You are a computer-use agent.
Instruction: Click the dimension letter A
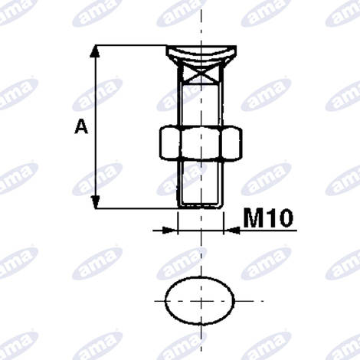pyautogui.click(x=81, y=127)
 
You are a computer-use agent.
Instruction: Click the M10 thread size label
pyautogui.click(x=268, y=218)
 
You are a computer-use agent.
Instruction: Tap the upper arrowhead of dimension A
pyautogui.click(x=96, y=51)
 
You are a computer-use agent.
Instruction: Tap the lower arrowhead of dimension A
pyautogui.click(x=96, y=202)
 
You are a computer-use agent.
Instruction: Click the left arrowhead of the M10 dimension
pyautogui.click(x=170, y=231)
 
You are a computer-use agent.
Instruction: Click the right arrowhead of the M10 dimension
pyautogui.click(x=231, y=231)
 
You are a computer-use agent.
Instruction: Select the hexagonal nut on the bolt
pyautogui.click(x=201, y=142)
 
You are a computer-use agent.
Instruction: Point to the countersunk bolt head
pyautogui.click(x=201, y=54)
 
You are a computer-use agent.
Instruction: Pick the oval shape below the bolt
pyautogui.click(x=200, y=301)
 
